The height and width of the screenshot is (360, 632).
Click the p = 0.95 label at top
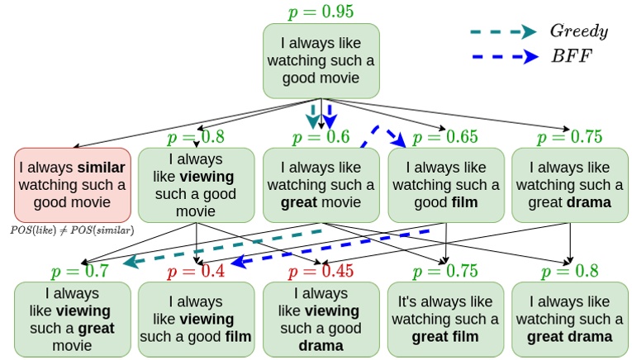click(x=321, y=12)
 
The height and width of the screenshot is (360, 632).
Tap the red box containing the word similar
click(x=72, y=185)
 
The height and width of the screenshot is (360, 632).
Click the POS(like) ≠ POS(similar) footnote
click(x=74, y=230)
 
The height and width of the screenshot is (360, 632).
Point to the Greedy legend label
click(x=578, y=31)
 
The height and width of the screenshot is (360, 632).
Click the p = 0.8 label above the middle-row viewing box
click(x=196, y=137)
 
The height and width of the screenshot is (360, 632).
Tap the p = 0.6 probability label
click(x=321, y=137)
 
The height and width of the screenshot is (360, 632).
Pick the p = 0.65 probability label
click(x=445, y=137)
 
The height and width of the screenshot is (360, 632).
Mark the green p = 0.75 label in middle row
click(x=569, y=137)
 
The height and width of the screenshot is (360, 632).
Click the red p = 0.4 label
click(x=196, y=271)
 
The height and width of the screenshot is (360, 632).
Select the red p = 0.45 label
click(x=321, y=271)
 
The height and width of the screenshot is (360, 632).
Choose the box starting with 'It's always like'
click(x=445, y=319)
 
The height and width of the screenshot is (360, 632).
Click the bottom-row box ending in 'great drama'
click(x=569, y=319)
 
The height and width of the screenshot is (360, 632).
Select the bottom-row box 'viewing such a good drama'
click(x=321, y=319)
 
